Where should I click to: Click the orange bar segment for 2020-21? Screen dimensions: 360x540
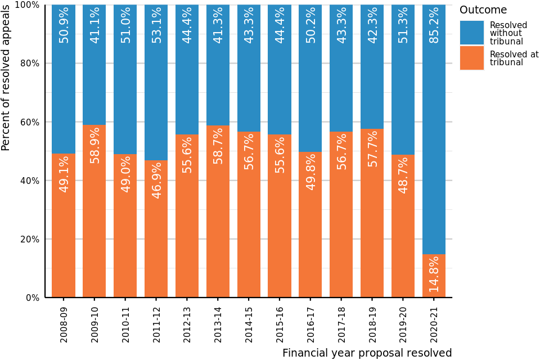[434, 276]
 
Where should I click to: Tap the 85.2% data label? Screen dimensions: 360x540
[434, 25]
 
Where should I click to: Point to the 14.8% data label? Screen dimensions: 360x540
[434, 274]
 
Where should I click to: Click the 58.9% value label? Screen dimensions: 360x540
[94, 145]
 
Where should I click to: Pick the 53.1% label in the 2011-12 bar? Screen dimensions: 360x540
[156, 25]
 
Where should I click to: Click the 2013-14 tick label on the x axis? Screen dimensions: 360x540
[218, 323]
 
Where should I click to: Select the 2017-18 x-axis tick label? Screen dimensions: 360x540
[341, 323]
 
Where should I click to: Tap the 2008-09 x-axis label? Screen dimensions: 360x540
[64, 323]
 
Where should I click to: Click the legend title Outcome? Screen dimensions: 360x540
[483, 10]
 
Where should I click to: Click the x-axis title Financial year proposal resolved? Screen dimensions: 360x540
[367, 353]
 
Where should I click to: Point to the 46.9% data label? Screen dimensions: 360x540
[156, 180]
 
